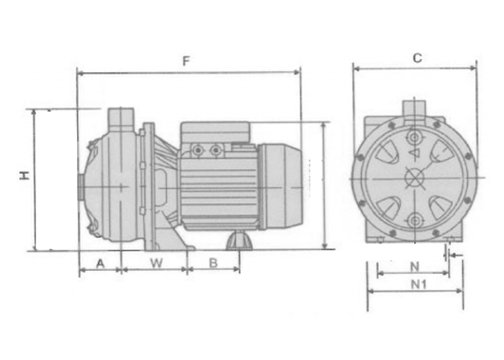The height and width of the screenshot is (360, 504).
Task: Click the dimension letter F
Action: [186, 61]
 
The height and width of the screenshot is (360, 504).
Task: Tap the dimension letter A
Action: [101, 264]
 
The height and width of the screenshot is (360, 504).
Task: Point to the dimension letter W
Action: [156, 263]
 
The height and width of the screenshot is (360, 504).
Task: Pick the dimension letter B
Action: [213, 263]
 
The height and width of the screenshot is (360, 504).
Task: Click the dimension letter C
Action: [417, 58]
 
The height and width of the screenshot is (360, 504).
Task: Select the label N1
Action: [419, 284]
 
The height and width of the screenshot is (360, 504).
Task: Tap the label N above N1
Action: [415, 267]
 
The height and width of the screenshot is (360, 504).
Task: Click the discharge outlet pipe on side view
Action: [120, 118]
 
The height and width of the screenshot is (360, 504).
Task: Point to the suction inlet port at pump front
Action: [81, 187]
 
